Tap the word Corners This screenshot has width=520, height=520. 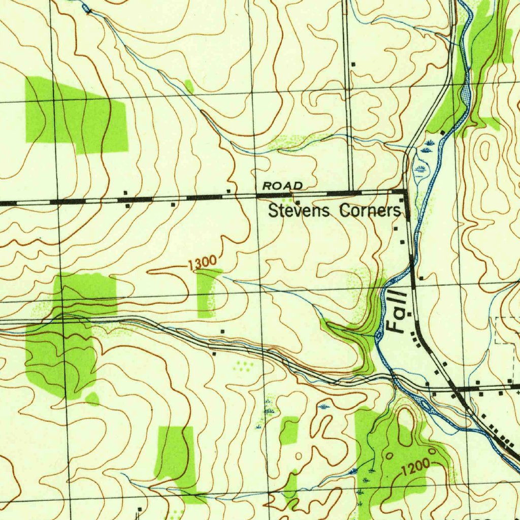point(370,210)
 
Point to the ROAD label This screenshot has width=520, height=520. point(282,186)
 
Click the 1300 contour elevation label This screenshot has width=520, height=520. point(202,264)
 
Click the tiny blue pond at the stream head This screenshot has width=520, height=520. point(85,8)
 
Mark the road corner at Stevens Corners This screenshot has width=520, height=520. point(405,191)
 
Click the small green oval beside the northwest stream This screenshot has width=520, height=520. point(189,86)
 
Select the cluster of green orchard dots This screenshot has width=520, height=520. point(243,365)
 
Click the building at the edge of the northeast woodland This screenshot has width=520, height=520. point(442,133)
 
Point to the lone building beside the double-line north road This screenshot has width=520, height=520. point(353,64)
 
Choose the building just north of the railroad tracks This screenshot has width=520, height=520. point(222,331)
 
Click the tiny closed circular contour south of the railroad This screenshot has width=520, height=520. point(298,456)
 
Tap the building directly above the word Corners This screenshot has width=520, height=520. point(401,201)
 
